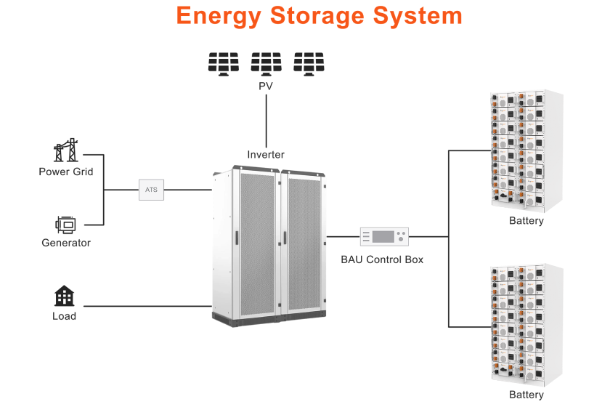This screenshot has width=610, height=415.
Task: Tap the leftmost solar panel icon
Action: point(223,63)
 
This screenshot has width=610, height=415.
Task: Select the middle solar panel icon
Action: point(266,63)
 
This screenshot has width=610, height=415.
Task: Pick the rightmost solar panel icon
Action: point(309,63)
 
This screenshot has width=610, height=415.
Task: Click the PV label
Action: point(266,86)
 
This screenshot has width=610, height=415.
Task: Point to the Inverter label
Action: point(266,155)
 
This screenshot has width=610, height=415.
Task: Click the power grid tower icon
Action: point(65,150)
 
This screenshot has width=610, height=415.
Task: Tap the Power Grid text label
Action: point(66,172)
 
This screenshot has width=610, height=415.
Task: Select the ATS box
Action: point(151,190)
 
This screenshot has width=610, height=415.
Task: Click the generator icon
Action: point(65,225)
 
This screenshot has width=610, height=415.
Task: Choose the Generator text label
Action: point(66,243)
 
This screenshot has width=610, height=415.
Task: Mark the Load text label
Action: point(65,316)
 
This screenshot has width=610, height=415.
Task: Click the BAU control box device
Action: point(384,237)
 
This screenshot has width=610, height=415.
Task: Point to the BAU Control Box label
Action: point(382,259)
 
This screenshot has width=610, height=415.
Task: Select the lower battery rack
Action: point(527,325)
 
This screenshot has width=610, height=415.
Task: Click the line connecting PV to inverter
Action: point(266,120)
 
